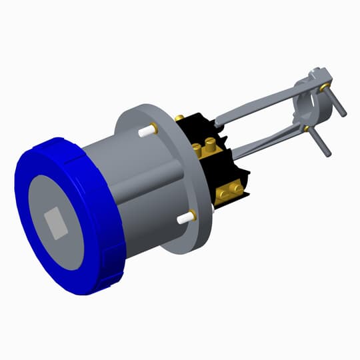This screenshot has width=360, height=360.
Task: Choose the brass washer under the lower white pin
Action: (193, 214)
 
